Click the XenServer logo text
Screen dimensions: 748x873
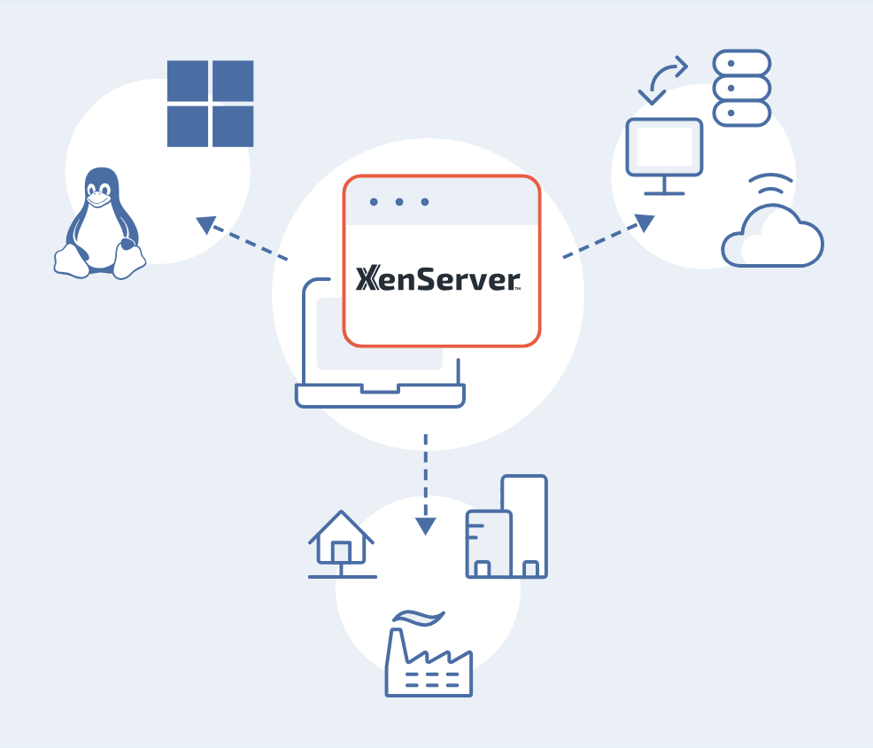click(x=437, y=279)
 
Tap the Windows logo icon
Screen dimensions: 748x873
click(x=211, y=104)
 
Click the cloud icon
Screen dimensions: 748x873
click(x=772, y=237)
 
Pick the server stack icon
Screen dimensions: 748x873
click(x=742, y=88)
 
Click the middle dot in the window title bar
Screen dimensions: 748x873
click(x=399, y=202)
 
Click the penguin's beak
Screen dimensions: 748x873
click(x=99, y=199)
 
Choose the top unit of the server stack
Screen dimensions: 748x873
click(x=742, y=64)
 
